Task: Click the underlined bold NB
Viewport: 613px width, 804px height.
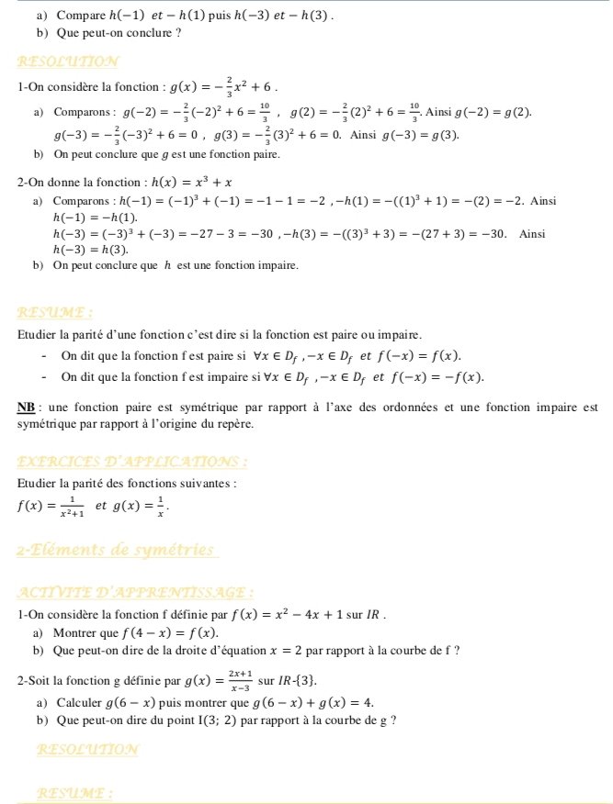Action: click(27, 407)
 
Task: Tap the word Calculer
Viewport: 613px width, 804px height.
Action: click(79, 702)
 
